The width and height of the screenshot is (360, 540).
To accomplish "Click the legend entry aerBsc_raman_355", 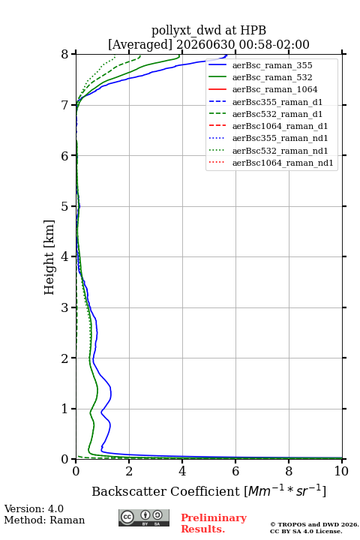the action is coord(272,65).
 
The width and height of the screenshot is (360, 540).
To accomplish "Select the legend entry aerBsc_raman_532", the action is coord(272,77).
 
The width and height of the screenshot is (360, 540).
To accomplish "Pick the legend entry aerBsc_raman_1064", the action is coord(275,89).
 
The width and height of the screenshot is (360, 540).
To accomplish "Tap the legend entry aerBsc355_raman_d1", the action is coord(277,102).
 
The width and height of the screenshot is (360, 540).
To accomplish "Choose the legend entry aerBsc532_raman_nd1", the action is coord(280,151).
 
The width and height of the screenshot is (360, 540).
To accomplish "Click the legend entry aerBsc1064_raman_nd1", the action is coord(283,163).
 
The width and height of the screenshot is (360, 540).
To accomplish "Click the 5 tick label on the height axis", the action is coord(65,207).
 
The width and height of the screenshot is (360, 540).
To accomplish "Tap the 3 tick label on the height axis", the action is coord(65,307).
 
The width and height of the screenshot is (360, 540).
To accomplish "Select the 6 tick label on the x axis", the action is coord(235,471).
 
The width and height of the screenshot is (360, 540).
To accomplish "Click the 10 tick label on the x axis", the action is coord(341,471).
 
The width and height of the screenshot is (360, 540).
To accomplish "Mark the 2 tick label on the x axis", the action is coord(129,471).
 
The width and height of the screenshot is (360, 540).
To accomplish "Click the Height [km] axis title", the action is coord(49,257).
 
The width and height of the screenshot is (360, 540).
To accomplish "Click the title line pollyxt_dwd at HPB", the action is coord(208,31).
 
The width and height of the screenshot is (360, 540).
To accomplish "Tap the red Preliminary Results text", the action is coord(214,523).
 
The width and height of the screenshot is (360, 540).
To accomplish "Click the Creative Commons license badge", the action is coord(144,518).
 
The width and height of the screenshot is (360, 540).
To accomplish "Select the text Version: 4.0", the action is coord(34,508).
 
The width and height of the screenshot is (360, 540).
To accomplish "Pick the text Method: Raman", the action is coord(44,520).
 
